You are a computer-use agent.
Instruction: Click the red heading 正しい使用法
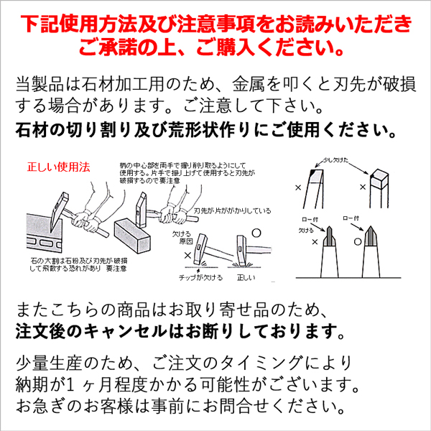[x=58, y=167]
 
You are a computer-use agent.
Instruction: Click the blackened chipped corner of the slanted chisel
[x=308, y=175]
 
